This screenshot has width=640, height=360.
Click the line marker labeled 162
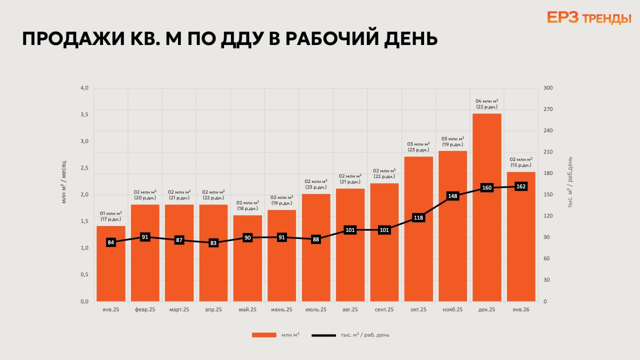(x=521, y=186)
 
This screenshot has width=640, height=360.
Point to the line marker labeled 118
(x=418, y=217)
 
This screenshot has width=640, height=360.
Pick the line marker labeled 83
(x=213, y=243)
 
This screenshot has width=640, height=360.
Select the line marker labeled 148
(x=452, y=196)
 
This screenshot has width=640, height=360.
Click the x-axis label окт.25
(x=418, y=310)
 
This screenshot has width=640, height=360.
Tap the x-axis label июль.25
(x=316, y=310)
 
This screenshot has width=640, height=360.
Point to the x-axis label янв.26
(x=521, y=310)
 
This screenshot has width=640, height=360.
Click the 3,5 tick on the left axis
(x=84, y=114)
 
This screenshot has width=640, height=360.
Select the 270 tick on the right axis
(x=548, y=109)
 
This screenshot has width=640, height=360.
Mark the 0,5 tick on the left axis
(x=84, y=274)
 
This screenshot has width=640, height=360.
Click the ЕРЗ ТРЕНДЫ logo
(x=589, y=18)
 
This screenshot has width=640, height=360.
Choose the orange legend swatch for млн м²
(x=264, y=335)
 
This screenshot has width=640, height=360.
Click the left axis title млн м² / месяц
(x=64, y=182)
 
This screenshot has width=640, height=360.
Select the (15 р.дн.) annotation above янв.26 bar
(x=521, y=165)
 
